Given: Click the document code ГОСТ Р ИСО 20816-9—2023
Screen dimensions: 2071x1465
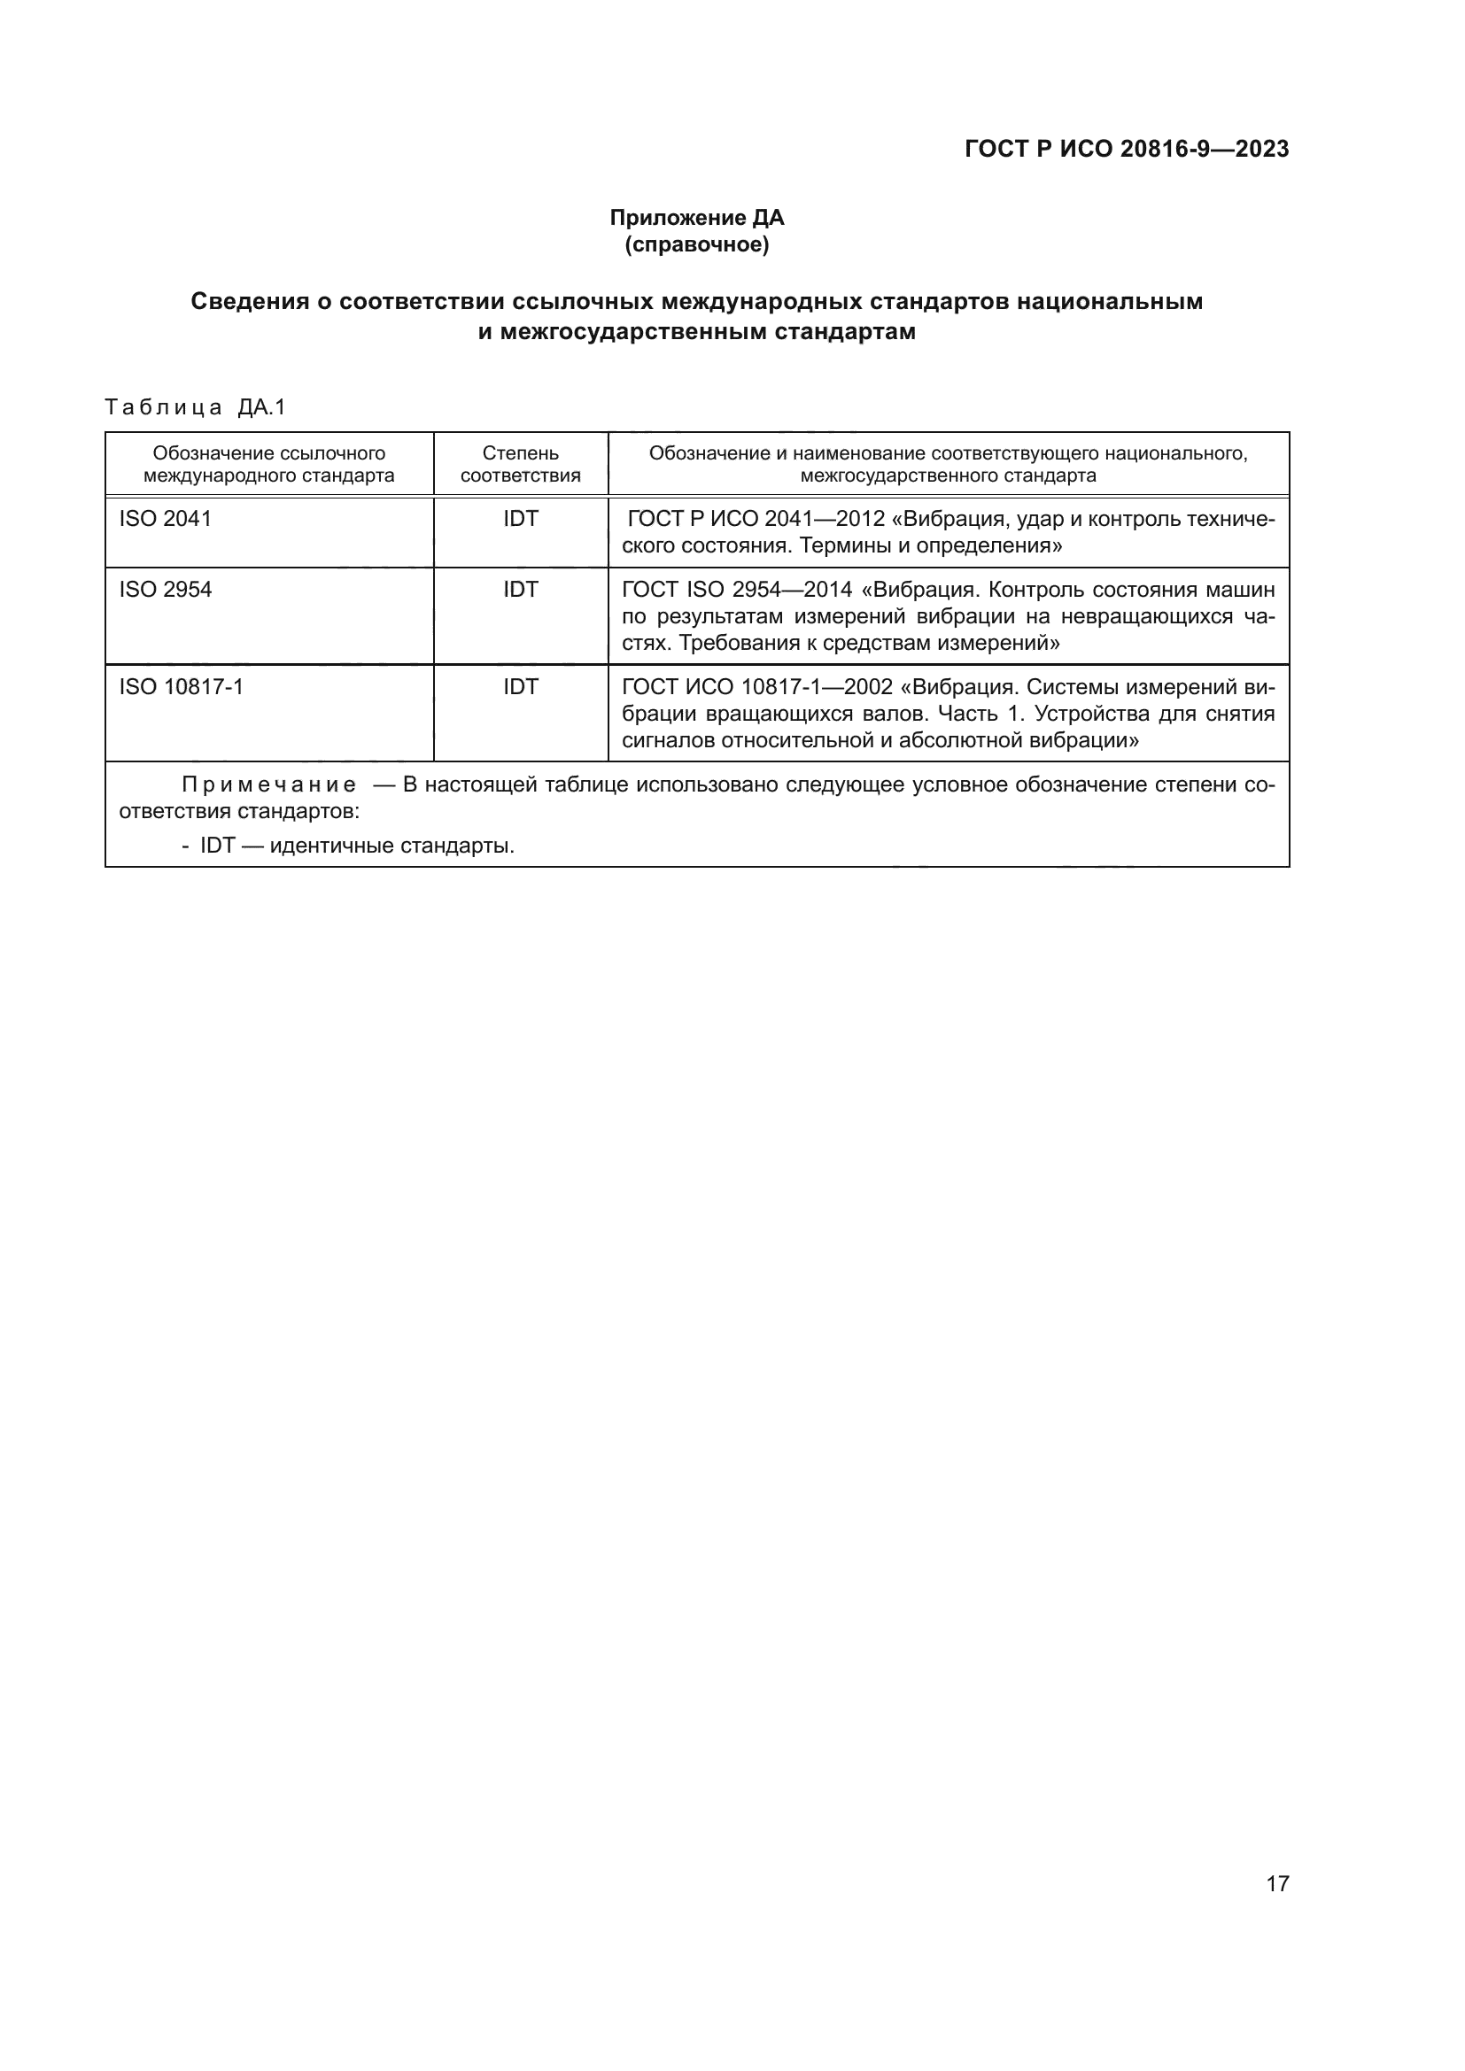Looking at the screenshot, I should [1127, 149].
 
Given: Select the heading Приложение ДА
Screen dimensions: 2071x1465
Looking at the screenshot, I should [696, 218].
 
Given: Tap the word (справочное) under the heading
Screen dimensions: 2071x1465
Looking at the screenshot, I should [696, 244].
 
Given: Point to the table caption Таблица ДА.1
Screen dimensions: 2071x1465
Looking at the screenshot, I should [195, 407].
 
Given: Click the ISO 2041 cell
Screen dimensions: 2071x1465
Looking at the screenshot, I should [165, 519].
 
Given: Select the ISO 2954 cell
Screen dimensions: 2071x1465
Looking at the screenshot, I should [165, 590].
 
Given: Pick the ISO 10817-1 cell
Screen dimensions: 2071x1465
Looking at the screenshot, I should [182, 687].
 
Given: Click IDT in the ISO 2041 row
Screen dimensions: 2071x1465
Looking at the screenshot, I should [521, 519].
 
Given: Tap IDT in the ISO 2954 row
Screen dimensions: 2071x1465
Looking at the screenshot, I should [521, 590].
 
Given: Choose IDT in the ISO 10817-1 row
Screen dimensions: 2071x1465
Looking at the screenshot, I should [521, 687].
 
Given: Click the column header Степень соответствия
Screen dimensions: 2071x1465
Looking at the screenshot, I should [521, 465].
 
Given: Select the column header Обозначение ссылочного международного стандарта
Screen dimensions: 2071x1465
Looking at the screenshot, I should [269, 465].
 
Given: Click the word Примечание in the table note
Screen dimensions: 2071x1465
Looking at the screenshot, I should [269, 784].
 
